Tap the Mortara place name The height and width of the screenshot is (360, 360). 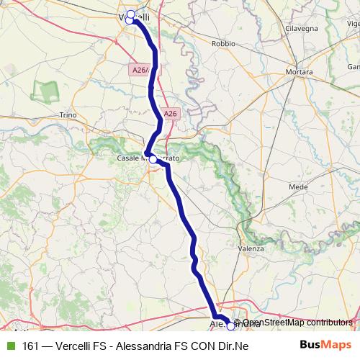[298, 73]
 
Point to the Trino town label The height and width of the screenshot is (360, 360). [68, 115]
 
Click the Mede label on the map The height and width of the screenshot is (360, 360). [297, 186]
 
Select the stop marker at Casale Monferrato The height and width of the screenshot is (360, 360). [153, 158]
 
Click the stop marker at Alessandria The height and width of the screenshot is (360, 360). [230, 325]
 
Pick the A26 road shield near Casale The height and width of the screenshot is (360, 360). [170, 114]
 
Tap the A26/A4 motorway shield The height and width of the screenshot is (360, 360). [143, 70]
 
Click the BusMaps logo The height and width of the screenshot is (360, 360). [325, 345]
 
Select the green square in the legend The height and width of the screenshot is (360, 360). [10, 346]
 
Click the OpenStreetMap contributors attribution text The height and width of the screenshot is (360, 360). [297, 323]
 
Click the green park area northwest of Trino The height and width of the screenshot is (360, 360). [48, 91]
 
